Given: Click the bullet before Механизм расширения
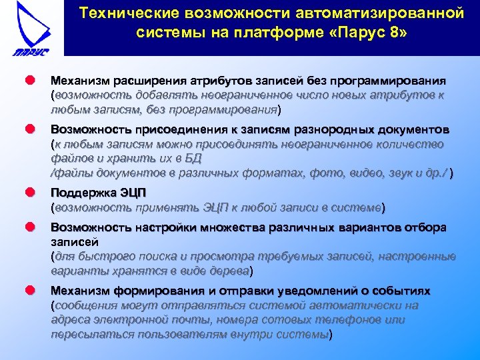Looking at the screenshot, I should tap(30, 81).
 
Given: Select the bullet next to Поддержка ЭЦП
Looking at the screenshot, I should tap(30, 193).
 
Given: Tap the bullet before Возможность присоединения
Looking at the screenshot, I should tap(30, 129).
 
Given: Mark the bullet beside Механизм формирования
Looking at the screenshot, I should tap(30, 291).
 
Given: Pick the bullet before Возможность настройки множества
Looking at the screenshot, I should tap(30, 227).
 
